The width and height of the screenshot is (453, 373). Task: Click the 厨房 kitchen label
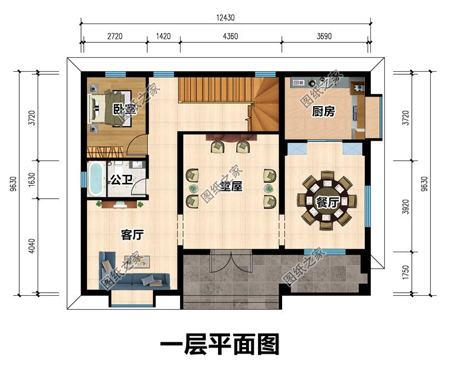click(324, 112)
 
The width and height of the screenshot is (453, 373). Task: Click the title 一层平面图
click(219, 345)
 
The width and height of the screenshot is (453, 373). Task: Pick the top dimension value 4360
click(230, 37)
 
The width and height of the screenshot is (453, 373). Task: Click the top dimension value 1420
click(163, 37)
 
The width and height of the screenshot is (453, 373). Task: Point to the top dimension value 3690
click(324, 37)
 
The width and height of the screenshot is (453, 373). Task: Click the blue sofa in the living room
click(130, 275)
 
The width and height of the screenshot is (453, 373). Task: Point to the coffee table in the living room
click(140, 260)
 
